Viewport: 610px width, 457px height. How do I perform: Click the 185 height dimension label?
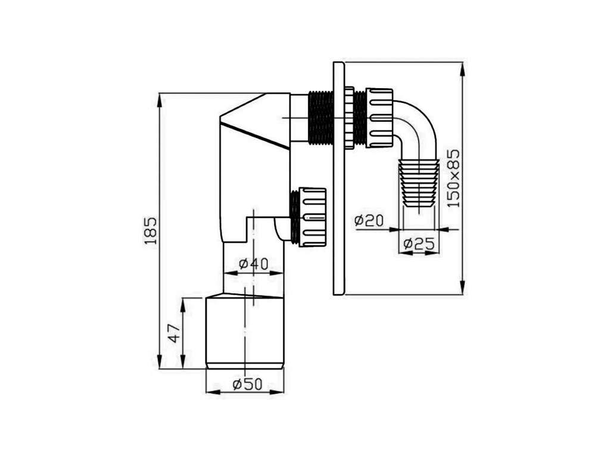pyautogui.click(x=151, y=230)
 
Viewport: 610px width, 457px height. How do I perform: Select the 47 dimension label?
pyautogui.click(x=175, y=333)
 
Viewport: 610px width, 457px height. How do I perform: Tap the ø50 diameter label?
pyautogui.click(x=247, y=385)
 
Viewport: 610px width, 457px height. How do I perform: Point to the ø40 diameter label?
pyautogui.click(x=253, y=264)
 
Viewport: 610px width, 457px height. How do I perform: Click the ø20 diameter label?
pyautogui.click(x=369, y=221)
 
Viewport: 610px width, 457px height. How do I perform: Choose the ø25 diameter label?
pyautogui.click(x=419, y=244)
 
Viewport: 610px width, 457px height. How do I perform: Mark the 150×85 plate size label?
pyautogui.click(x=453, y=179)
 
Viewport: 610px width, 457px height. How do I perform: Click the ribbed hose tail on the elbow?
pyautogui.click(x=418, y=183)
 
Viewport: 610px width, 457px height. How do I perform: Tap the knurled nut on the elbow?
pyautogui.click(x=379, y=118)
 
